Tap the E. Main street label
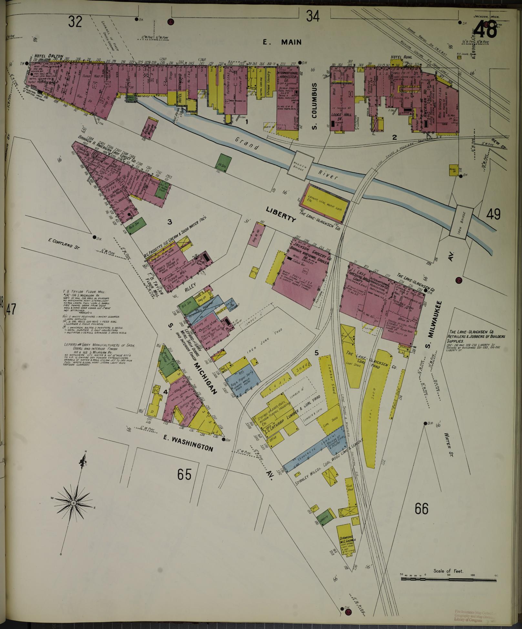[x=282, y=42]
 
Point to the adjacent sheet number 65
[x=184, y=474]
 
